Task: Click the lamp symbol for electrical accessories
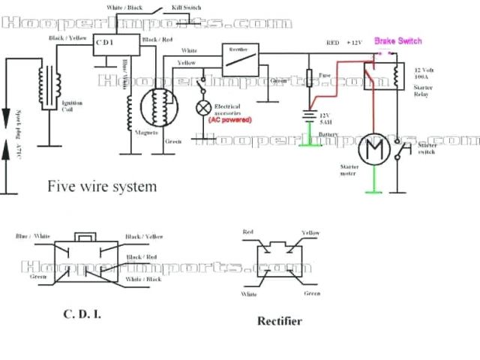pyautogui.click(x=202, y=107)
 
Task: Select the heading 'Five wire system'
pyautogui.click(x=103, y=185)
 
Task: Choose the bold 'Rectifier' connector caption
pyautogui.click(x=279, y=321)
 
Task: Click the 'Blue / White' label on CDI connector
pyautogui.click(x=33, y=236)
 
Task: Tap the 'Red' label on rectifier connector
pyautogui.click(x=249, y=233)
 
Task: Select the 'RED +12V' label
pyautogui.click(x=344, y=43)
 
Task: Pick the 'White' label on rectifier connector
pyautogui.click(x=249, y=294)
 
